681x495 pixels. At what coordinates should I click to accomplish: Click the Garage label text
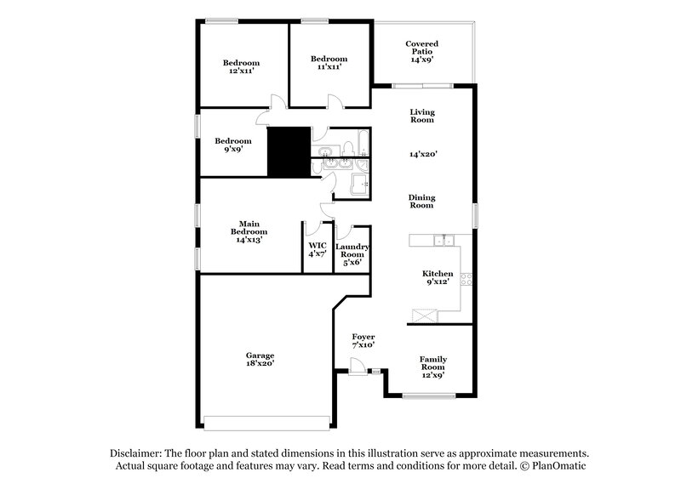tap(260, 356)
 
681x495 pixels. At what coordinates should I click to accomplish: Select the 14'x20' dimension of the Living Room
tap(423, 154)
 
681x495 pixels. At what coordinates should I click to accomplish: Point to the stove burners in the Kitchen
tap(465, 280)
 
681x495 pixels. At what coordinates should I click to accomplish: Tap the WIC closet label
tap(317, 248)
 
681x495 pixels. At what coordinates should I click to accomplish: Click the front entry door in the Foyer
tap(358, 368)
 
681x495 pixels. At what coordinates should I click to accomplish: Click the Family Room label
tap(433, 363)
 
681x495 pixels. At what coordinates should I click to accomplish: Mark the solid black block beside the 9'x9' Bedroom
tap(288, 151)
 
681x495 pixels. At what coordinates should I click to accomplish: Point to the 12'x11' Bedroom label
tap(241, 66)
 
